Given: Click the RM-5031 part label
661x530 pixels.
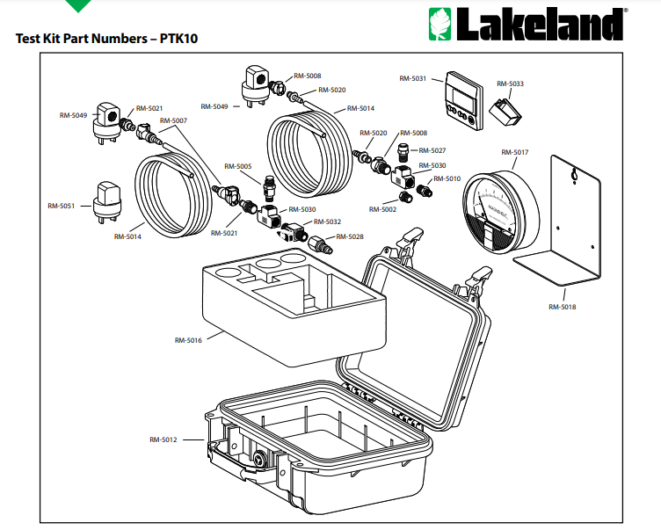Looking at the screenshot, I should [x=412, y=79].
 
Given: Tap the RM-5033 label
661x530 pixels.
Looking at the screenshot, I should [x=510, y=84].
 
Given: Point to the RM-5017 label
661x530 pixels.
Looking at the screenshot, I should [x=514, y=152].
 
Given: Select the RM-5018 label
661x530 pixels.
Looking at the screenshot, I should [x=562, y=307].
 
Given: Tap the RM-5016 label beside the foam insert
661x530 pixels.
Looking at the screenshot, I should [x=188, y=340].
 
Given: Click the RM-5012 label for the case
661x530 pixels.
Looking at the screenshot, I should [x=163, y=439].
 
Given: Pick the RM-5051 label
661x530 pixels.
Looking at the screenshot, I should [x=62, y=206].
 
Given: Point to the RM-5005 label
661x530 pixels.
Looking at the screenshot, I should [x=237, y=166].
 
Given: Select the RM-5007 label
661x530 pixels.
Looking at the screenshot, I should [x=173, y=120].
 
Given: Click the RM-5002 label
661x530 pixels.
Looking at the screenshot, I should [x=382, y=209].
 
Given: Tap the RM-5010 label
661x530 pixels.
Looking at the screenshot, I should [x=447, y=178].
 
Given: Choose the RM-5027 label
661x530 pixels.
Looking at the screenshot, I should [x=432, y=150].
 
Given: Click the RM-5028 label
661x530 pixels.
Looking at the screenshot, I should [x=349, y=236].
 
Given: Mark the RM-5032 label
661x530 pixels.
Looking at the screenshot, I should [x=327, y=222].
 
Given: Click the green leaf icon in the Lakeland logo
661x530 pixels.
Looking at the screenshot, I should [x=439, y=25].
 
